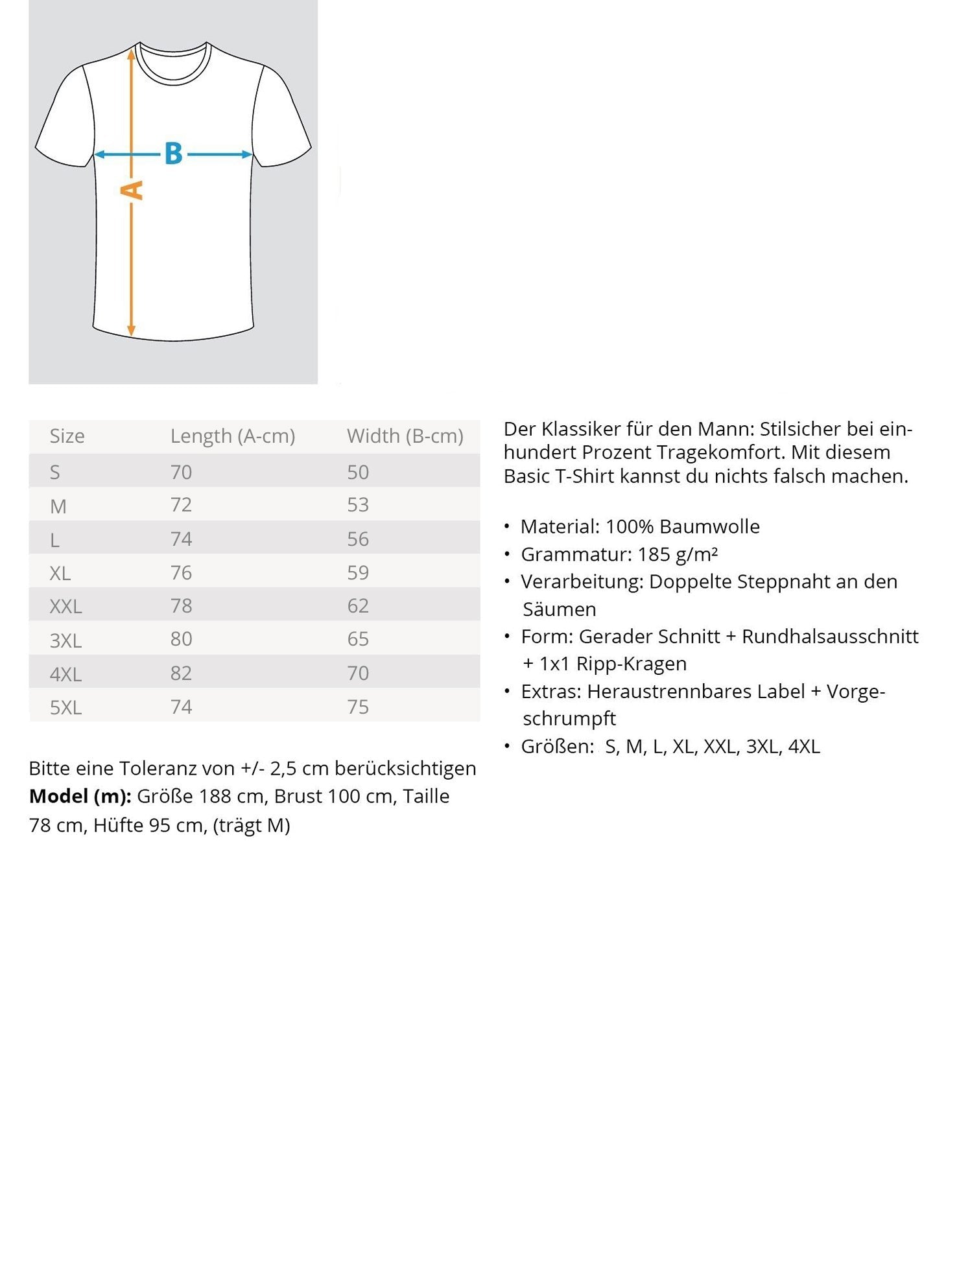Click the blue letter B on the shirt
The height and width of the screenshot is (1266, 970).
point(173,154)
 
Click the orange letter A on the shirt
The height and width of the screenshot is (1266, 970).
point(132,190)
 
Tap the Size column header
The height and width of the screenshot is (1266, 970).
point(67,436)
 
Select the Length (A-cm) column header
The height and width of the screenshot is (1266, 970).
point(232,436)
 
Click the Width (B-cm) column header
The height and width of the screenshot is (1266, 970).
point(405,436)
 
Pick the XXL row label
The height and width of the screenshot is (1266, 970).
point(65,607)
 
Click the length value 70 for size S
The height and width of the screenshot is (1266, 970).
point(181,472)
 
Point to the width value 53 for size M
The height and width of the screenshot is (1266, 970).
point(357,505)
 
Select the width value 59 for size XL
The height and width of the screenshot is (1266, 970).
point(357,572)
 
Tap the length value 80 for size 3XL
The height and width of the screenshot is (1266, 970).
point(181,639)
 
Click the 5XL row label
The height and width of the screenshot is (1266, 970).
point(65,707)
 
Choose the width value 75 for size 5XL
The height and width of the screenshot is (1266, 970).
point(357,707)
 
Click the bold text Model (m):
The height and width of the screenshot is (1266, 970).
point(80,796)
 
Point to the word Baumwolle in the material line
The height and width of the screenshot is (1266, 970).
point(709,526)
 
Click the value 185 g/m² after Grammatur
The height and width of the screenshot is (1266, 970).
point(677,554)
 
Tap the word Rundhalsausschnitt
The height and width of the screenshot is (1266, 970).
point(829,637)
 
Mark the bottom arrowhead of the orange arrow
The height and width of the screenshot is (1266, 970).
point(131,331)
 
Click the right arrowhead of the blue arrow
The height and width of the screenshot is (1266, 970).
point(247,154)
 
